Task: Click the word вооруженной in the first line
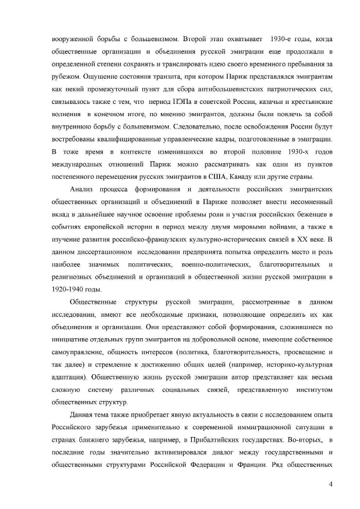(x=73, y=39)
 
